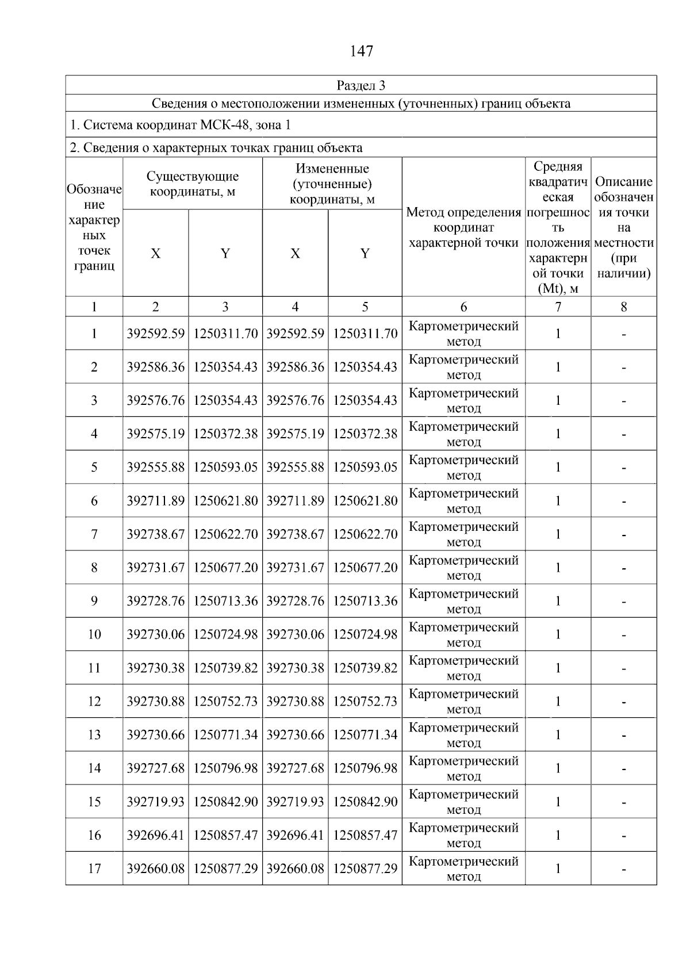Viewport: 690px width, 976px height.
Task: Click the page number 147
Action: tap(361, 51)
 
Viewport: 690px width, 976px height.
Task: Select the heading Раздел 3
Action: tap(361, 86)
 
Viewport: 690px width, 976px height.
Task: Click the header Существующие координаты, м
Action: tap(192, 184)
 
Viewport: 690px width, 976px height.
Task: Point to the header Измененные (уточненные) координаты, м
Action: tap(332, 184)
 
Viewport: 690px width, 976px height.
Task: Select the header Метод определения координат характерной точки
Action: tap(463, 228)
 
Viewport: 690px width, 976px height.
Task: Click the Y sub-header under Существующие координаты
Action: tap(225, 254)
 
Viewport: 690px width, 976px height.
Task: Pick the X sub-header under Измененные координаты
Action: tap(295, 254)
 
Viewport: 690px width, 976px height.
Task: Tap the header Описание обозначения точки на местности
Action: tap(623, 228)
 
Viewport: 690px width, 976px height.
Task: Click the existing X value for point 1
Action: tap(156, 334)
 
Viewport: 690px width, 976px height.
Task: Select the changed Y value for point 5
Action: tap(365, 467)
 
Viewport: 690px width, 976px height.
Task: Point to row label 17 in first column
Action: tap(94, 868)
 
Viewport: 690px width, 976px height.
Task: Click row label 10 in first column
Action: tap(94, 634)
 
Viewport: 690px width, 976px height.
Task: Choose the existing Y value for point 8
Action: tap(225, 568)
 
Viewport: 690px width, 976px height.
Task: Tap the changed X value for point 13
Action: tap(295, 734)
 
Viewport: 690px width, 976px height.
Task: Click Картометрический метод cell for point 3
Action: tap(463, 400)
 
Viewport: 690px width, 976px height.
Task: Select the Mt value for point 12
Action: tap(558, 701)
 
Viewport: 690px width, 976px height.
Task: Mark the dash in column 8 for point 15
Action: tap(623, 802)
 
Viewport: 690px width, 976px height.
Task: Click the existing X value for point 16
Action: tap(156, 835)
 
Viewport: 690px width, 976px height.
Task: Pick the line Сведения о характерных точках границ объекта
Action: tap(216, 148)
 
